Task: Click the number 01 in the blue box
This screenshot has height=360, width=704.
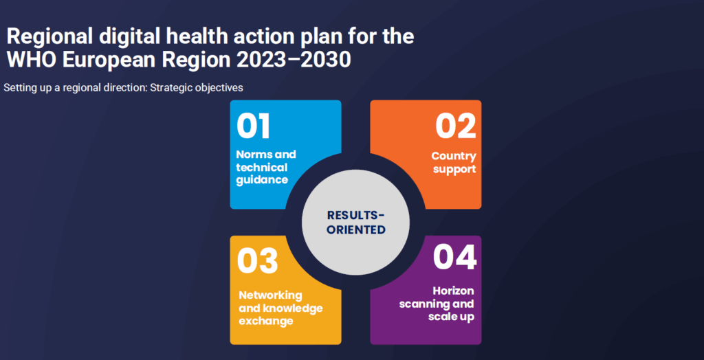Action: click(254, 126)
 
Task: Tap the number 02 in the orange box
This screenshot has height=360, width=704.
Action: click(455, 126)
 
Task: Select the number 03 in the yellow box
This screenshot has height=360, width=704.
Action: click(257, 261)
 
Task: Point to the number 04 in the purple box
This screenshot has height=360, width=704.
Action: click(454, 257)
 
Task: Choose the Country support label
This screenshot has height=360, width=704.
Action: click(454, 163)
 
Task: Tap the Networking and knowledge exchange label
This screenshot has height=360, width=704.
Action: click(280, 308)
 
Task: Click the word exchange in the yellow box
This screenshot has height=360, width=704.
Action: click(266, 321)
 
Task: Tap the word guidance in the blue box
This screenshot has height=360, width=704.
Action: click(262, 180)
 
